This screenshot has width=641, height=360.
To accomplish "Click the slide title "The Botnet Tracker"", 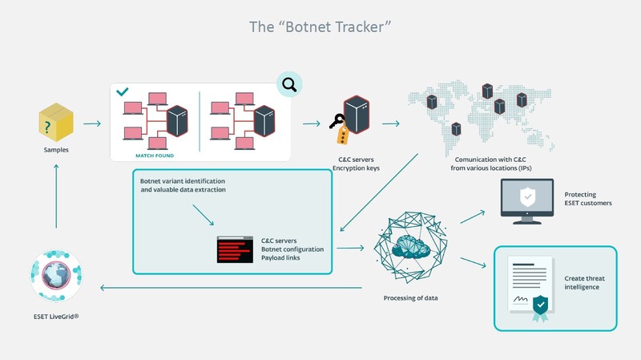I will point(320,27).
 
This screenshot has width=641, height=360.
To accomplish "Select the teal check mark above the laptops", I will point(122,93).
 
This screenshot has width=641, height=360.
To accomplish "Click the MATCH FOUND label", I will point(149,155).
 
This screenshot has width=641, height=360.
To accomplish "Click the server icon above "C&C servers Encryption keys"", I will point(357,116).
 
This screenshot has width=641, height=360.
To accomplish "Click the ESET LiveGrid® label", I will point(55,317).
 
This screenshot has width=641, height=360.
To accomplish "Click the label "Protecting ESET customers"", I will point(587,199).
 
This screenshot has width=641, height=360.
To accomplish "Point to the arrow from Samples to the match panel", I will point(91,124).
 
